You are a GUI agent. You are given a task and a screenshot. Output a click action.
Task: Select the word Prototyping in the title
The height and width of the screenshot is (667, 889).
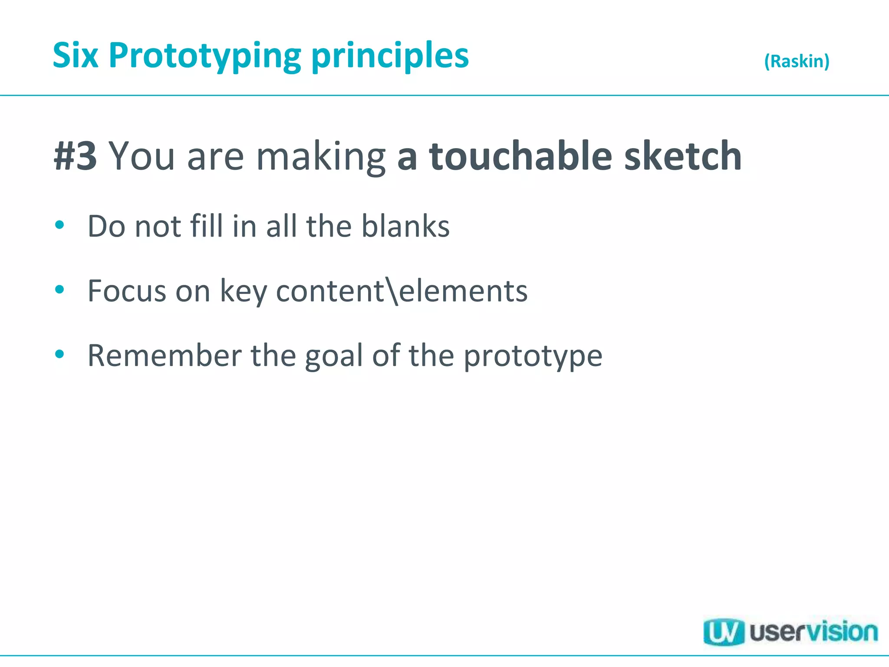[205, 56]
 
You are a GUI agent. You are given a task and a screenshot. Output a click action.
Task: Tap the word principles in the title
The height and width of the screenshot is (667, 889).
[390, 56]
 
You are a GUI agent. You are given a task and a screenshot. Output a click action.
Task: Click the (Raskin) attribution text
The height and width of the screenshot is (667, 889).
[797, 61]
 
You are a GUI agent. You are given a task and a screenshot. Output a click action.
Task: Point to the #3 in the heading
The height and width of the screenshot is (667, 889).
[76, 156]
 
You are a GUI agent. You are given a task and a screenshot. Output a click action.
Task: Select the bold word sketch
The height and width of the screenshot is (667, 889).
[683, 156]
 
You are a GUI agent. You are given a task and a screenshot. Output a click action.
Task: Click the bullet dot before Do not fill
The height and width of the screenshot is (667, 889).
[60, 225]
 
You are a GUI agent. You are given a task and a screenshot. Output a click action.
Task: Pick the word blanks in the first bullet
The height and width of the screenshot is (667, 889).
[406, 226]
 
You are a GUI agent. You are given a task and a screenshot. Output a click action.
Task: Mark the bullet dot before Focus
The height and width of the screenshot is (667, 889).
[60, 289]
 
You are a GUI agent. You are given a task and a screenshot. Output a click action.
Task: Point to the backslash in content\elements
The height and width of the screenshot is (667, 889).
[391, 291]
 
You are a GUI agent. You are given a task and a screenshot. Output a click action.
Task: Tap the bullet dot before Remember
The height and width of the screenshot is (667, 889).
[60, 354]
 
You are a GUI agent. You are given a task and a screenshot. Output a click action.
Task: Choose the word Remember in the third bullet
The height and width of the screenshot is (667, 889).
[165, 356]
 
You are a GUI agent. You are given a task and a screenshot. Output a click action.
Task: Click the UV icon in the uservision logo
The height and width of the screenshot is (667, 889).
[723, 632]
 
